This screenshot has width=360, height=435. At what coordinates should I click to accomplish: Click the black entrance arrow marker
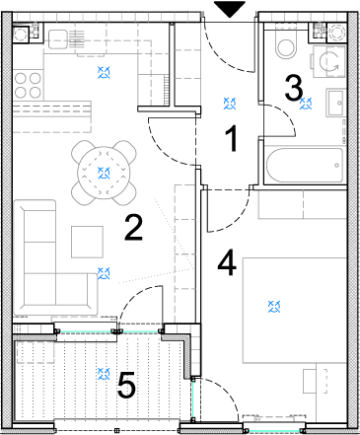[230, 9]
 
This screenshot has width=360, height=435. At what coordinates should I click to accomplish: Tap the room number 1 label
[233, 138]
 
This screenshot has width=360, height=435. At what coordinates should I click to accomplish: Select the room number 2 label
[133, 227]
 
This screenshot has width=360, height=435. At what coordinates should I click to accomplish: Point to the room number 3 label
[294, 88]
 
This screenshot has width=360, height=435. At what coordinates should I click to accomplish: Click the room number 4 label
[227, 262]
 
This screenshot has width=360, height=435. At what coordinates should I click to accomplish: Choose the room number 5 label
[126, 385]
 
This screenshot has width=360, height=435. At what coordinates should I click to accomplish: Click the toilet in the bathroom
[285, 45]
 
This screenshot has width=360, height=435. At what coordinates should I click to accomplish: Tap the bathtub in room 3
[305, 166]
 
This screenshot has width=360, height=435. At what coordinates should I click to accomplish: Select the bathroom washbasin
[335, 103]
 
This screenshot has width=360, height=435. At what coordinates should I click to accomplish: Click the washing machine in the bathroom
[328, 61]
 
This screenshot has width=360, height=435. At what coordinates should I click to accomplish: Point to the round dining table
[104, 173]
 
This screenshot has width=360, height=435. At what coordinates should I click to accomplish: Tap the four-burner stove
[28, 85]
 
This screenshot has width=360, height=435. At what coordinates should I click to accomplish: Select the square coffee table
[88, 242]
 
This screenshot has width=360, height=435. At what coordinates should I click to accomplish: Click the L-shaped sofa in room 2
[52, 259]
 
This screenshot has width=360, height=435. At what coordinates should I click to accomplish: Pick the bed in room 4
[295, 311]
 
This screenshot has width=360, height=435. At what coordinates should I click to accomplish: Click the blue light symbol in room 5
[104, 374]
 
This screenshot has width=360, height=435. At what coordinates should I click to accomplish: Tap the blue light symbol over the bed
[274, 307]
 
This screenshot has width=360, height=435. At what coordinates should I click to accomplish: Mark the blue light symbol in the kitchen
[104, 72]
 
